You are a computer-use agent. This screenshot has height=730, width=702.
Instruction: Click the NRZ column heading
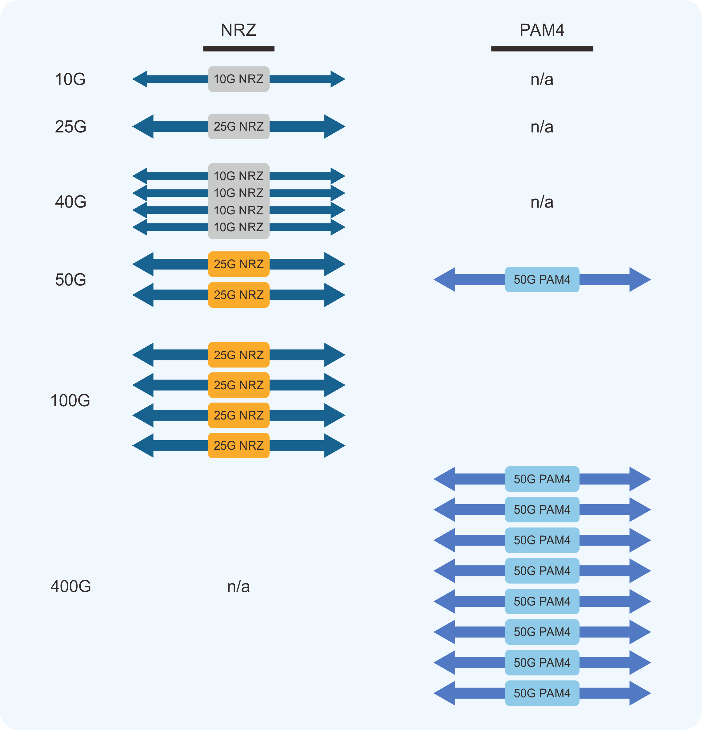pyautogui.click(x=238, y=30)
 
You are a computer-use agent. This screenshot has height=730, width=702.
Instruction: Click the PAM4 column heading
pyautogui.click(x=542, y=30)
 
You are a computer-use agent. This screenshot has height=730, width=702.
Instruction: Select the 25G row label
pyautogui.click(x=70, y=127)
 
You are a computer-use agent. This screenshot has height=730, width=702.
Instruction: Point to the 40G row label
pyautogui.click(x=70, y=202)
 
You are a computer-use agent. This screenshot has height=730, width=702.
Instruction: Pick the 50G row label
pyautogui.click(x=70, y=280)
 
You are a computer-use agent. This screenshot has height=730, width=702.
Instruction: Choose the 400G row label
pyautogui.click(x=70, y=586)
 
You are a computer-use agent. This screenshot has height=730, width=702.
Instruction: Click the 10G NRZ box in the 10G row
pyautogui.click(x=239, y=79)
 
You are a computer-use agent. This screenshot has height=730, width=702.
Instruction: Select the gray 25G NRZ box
pyautogui.click(x=239, y=127)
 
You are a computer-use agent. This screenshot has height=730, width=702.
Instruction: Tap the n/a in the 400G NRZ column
pyautogui.click(x=238, y=586)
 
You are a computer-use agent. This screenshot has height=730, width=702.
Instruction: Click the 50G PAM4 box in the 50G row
pyautogui.click(x=542, y=279)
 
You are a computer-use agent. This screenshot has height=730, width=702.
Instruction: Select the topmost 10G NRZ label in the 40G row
pyautogui.click(x=239, y=176)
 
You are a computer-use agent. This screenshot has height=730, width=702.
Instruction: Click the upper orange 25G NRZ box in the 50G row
pyautogui.click(x=239, y=264)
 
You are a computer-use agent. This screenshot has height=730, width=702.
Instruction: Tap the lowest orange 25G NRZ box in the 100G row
pyautogui.click(x=239, y=445)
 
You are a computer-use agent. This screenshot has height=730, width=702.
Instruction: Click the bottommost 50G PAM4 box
pyautogui.click(x=542, y=693)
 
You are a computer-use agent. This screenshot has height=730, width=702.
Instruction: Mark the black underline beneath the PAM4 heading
pyautogui.click(x=542, y=49)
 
